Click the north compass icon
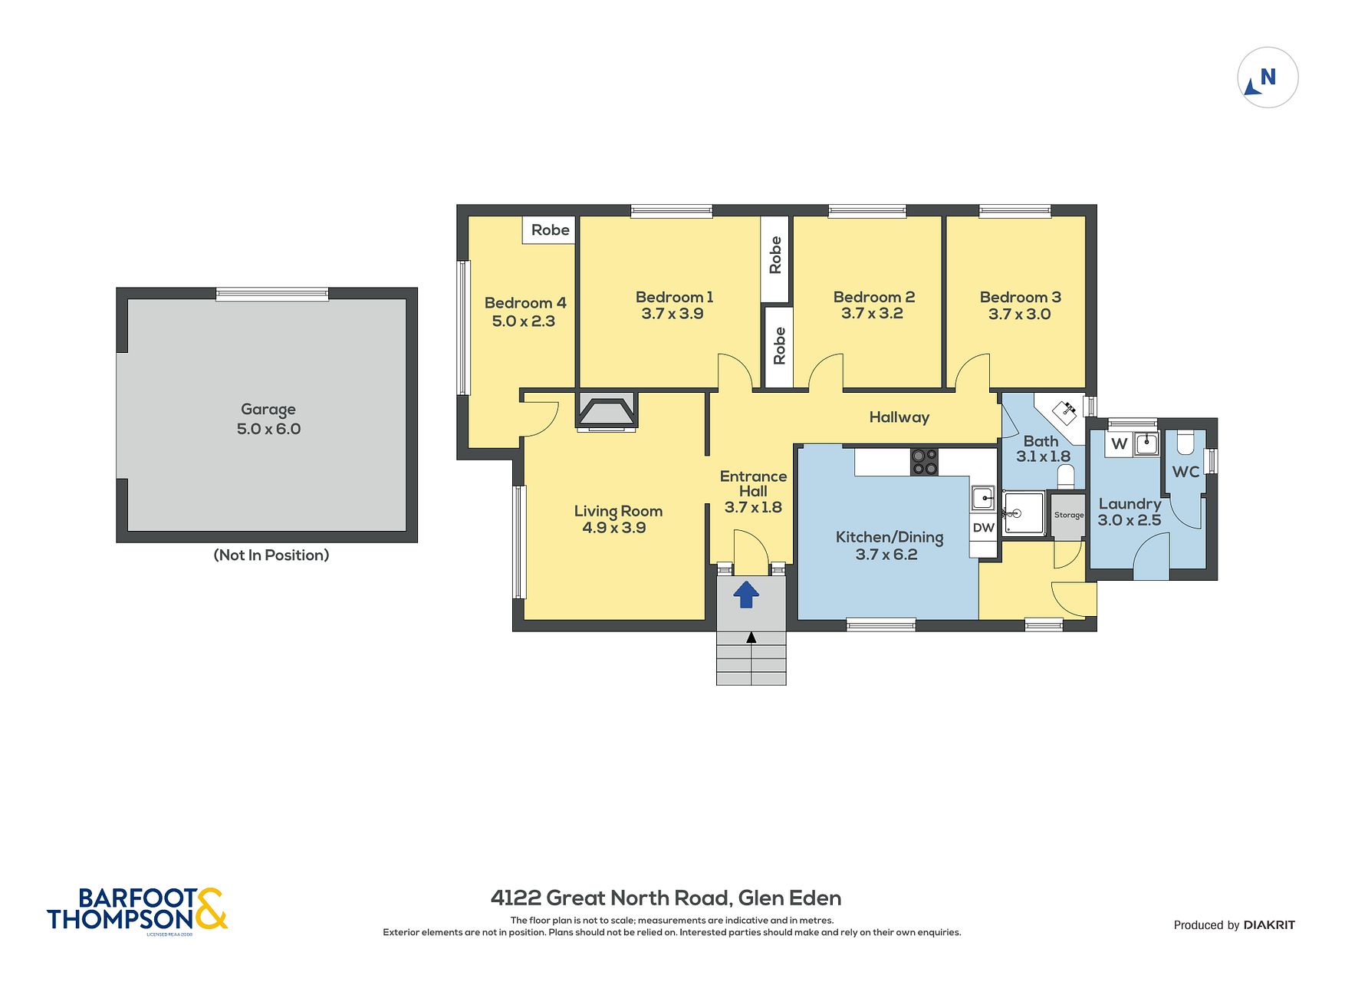(1268, 77)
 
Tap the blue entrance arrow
(746, 595)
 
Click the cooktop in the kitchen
(924, 462)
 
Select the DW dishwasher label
(983, 528)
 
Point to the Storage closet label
(1068, 515)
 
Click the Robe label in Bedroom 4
(550, 229)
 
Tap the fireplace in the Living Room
(606, 410)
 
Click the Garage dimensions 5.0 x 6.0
(268, 429)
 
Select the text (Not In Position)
(271, 555)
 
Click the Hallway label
(899, 417)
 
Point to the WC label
(1186, 472)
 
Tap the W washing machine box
(1119, 443)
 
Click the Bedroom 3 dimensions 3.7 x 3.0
(1019, 314)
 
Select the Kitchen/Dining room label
(890, 537)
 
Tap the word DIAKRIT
(1269, 925)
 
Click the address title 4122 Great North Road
(610, 898)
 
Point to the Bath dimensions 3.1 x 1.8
(1043, 456)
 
